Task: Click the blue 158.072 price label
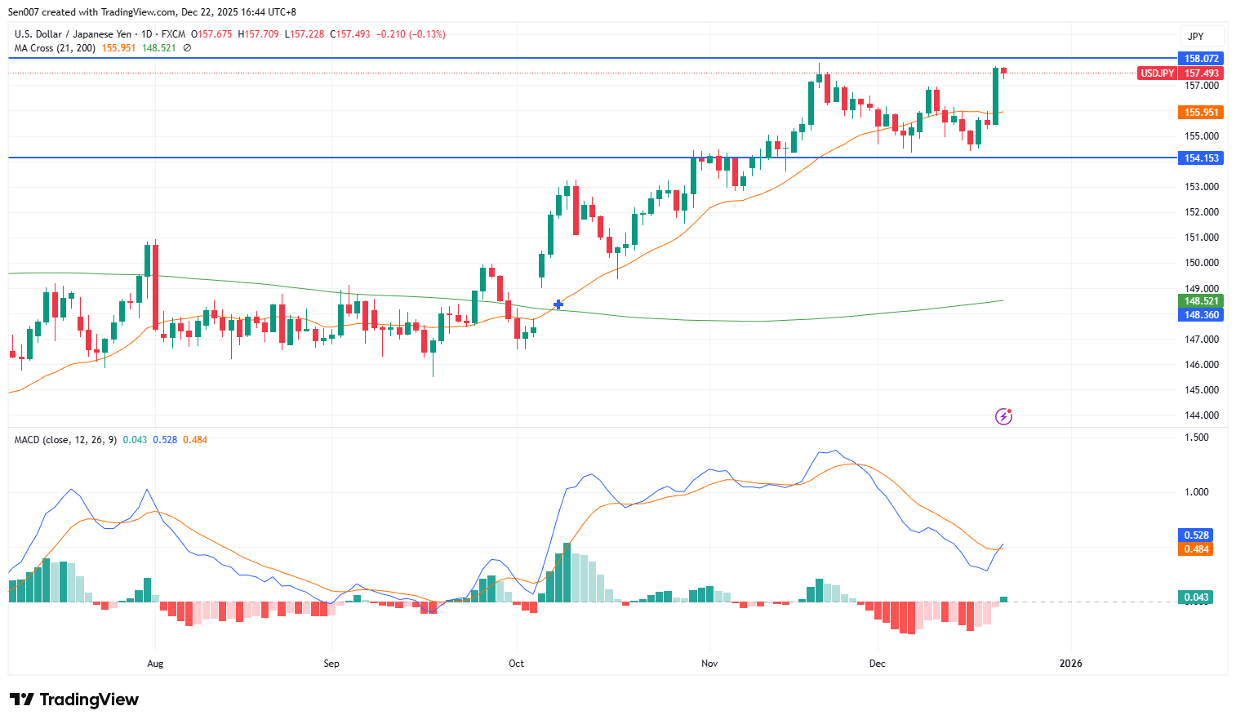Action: pyautogui.click(x=1201, y=59)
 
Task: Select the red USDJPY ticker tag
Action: pyautogui.click(x=1157, y=73)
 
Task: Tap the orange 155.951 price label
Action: pyautogui.click(x=1201, y=113)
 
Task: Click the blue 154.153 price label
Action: pyautogui.click(x=1201, y=158)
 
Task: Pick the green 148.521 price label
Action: pyautogui.click(x=1201, y=301)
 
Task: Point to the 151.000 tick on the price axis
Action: pyautogui.click(x=1201, y=238)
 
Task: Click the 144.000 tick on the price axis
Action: pyautogui.click(x=1201, y=415)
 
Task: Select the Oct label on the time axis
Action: pyautogui.click(x=516, y=664)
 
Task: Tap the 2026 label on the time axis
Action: pyautogui.click(x=1070, y=664)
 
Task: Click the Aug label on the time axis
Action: pyautogui.click(x=155, y=664)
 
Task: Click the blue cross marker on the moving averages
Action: pyautogui.click(x=558, y=304)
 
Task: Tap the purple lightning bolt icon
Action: pyautogui.click(x=1003, y=417)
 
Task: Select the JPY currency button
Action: pyautogui.click(x=1196, y=37)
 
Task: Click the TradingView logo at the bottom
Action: pyautogui.click(x=74, y=700)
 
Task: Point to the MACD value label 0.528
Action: pyautogui.click(x=1196, y=535)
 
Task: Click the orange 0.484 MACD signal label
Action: pyautogui.click(x=1196, y=549)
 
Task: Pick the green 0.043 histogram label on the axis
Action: pyautogui.click(x=1196, y=597)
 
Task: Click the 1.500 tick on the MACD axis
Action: pyautogui.click(x=1196, y=438)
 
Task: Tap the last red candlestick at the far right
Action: pyautogui.click(x=1003, y=71)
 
